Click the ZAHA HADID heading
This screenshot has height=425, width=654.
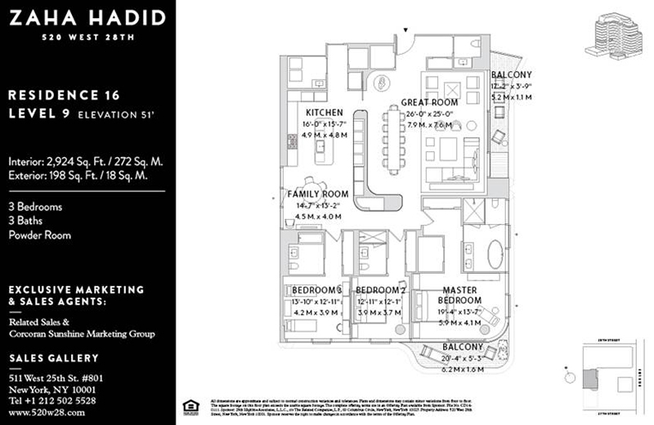click(84, 18)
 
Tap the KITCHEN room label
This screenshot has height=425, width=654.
click(324, 113)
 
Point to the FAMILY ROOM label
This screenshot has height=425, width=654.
click(318, 195)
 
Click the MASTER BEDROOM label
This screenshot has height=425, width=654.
click(463, 295)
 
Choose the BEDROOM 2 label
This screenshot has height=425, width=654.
click(381, 290)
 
